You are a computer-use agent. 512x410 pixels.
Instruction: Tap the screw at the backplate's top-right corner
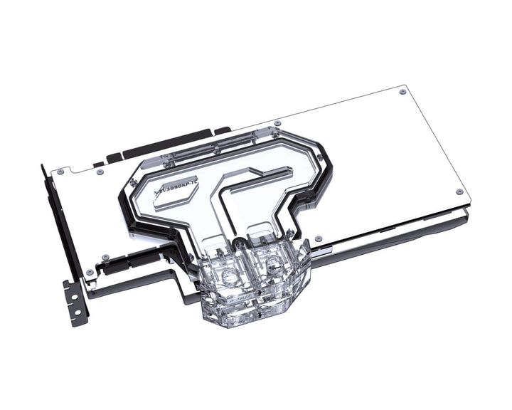403,92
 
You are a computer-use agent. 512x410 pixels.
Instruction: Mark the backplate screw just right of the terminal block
319,238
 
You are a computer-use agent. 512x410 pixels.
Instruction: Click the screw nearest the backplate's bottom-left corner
90,272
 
